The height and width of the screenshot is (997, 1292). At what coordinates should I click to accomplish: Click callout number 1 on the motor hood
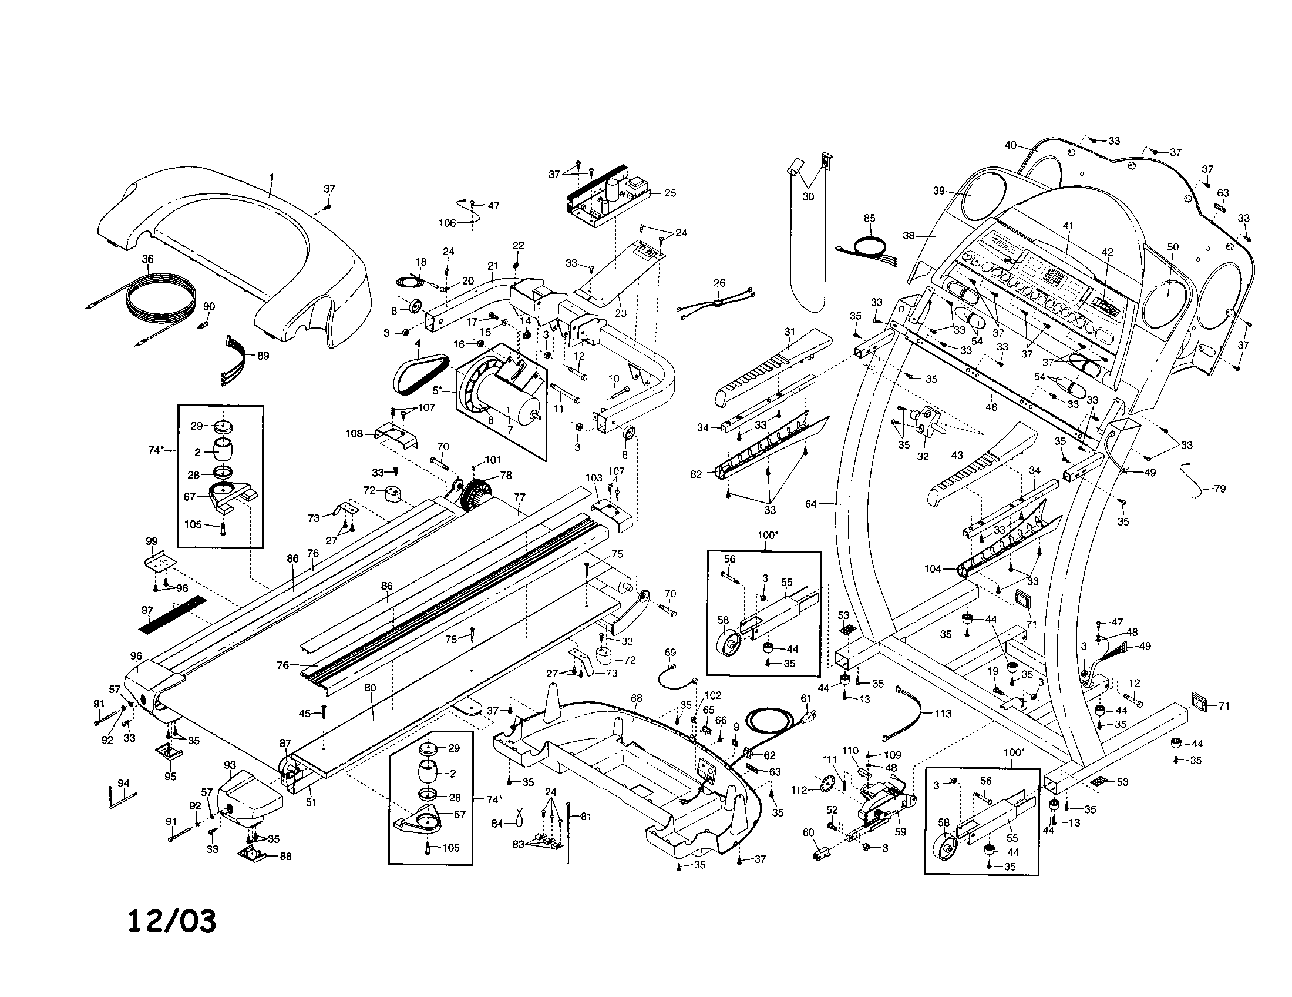pyautogui.click(x=271, y=177)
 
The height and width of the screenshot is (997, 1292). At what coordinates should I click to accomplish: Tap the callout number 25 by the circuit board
pyautogui.click(x=669, y=193)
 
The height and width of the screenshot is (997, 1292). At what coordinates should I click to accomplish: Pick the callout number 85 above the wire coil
pyautogui.click(x=869, y=219)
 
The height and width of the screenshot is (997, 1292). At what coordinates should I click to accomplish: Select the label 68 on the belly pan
pyautogui.click(x=636, y=698)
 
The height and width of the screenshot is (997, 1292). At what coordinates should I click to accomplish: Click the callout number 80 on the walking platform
pyautogui.click(x=370, y=688)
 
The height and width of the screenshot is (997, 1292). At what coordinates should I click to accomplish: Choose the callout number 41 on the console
pyautogui.click(x=1068, y=226)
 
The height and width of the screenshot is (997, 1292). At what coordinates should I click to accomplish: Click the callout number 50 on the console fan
pyautogui.click(x=1173, y=247)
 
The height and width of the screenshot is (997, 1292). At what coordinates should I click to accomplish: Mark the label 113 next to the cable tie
pyautogui.click(x=943, y=714)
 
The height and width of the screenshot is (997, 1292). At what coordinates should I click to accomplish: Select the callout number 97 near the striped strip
pyautogui.click(x=147, y=610)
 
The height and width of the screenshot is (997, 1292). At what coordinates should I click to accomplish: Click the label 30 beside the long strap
pyautogui.click(x=808, y=196)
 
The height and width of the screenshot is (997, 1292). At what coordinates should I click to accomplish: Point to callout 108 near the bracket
pyautogui.click(x=354, y=433)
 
